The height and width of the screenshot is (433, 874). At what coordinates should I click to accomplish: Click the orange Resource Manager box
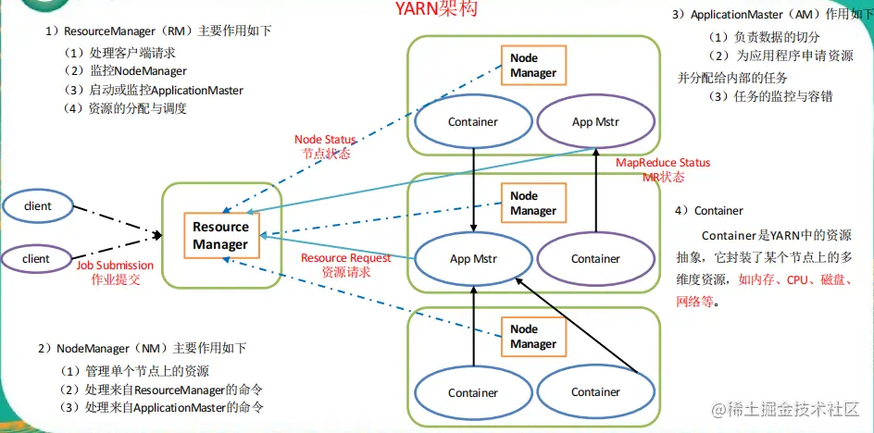220,235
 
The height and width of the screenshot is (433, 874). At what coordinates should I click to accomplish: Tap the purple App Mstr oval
594,122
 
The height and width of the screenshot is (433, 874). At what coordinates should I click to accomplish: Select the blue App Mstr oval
473,259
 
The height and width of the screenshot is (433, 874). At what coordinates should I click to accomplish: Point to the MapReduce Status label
663,163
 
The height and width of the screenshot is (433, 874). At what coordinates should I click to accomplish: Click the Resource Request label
345,258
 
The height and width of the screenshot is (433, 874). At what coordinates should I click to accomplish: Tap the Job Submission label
115,265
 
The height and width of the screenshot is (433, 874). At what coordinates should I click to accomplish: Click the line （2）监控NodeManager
125,71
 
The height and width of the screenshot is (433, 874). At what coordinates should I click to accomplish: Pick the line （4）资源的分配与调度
125,108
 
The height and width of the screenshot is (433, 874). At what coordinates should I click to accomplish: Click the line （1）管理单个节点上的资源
133,370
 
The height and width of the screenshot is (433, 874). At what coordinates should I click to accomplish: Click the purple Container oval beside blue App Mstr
594,259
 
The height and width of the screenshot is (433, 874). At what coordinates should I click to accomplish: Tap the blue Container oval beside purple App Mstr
473,122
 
